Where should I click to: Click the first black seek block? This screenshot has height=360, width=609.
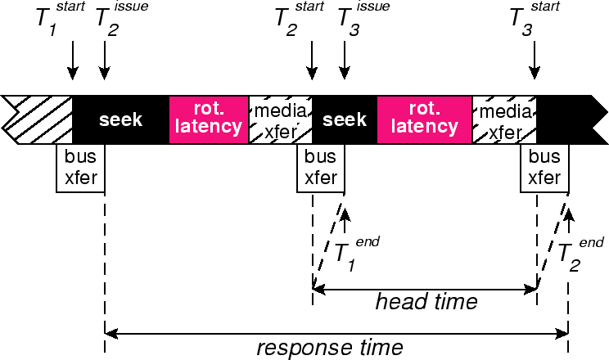point(120,120)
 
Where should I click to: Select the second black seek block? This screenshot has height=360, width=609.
point(345,120)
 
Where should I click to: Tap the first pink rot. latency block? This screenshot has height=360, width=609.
point(209,119)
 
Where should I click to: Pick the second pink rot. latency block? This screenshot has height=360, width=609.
point(424,119)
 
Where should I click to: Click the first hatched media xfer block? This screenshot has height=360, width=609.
point(281,119)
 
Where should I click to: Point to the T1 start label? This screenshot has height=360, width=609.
point(56,18)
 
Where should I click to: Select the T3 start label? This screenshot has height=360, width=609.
point(528,18)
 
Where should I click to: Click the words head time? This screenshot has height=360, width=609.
point(426,302)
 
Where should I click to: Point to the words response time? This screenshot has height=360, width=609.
point(330,348)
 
